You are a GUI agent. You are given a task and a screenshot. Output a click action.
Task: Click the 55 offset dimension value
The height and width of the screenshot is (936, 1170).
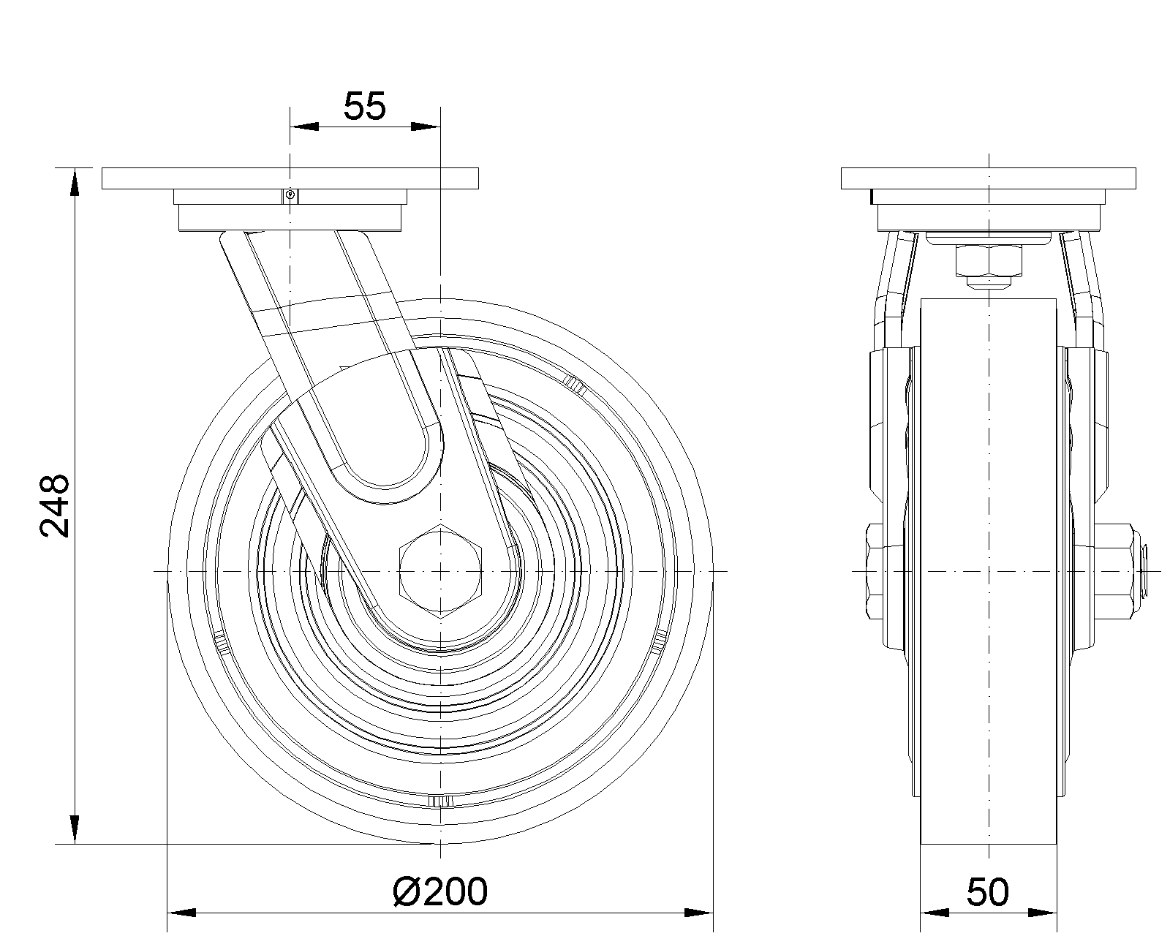coord(364,107)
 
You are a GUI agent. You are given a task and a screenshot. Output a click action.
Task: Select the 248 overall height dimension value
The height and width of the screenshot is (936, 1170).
coord(55,506)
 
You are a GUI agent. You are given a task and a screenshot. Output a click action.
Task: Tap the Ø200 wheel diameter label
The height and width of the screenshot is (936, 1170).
coord(439,892)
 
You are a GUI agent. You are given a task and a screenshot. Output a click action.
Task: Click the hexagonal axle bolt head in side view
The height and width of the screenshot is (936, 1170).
coord(440,572)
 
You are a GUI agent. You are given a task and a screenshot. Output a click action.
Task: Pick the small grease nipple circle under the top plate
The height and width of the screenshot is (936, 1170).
coord(290,195)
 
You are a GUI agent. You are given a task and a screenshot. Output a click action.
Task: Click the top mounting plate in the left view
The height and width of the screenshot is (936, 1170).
coord(290,178)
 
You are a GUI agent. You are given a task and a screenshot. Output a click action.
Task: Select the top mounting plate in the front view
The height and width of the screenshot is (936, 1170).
coord(989,178)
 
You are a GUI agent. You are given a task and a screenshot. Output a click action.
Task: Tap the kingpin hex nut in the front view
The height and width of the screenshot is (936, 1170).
coord(989,260)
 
